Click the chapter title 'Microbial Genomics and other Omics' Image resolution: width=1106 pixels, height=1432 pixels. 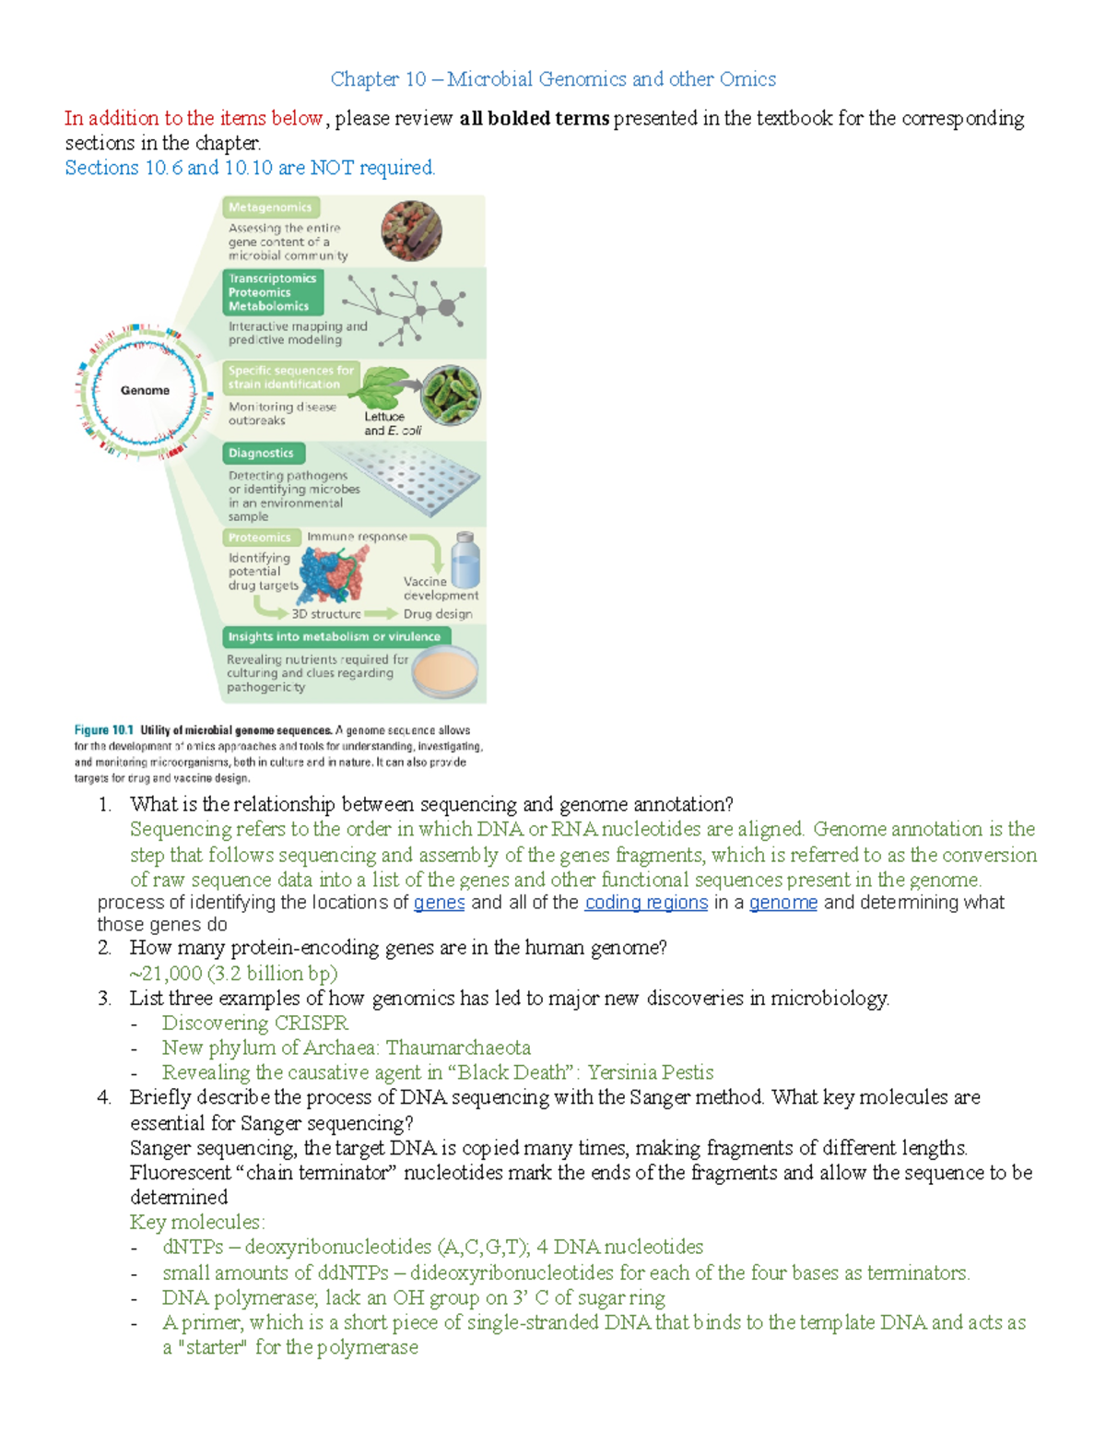point(611,79)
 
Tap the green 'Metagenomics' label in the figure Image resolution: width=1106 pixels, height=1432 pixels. point(270,207)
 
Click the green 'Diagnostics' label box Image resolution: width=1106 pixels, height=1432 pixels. point(262,453)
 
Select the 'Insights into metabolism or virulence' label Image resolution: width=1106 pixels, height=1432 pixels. point(334,636)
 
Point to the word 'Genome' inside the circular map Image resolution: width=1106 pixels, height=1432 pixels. point(145,390)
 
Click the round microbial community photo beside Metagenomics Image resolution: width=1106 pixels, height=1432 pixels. point(411,231)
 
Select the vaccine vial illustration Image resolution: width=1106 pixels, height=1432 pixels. point(465,560)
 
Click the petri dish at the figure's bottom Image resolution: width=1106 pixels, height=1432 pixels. point(445,670)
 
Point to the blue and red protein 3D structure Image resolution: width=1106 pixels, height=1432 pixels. point(333,574)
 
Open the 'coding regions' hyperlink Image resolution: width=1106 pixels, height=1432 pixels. point(646,903)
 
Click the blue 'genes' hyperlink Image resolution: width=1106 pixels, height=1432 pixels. point(439,903)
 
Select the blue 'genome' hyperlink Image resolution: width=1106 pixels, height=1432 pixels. point(782,903)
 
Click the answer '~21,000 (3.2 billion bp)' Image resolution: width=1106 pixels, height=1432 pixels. point(234,974)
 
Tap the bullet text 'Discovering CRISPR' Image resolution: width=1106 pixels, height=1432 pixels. point(255,1024)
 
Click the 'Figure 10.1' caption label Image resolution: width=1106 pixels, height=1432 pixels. point(104,730)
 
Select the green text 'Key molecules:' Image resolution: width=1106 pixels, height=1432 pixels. point(197,1223)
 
